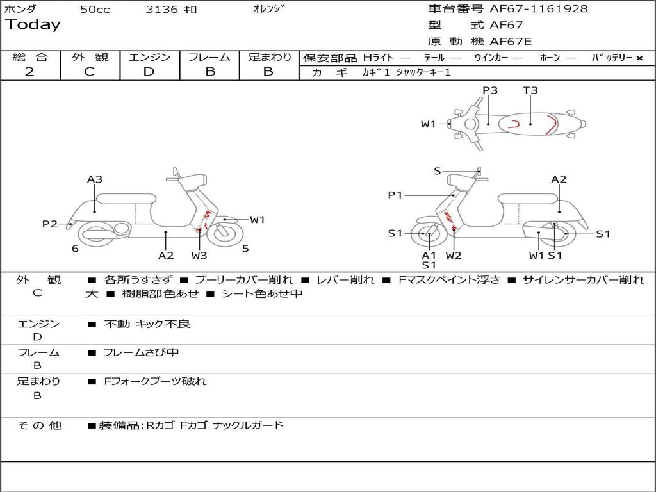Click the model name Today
click(33, 25)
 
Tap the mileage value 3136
click(162, 10)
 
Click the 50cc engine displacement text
click(95, 10)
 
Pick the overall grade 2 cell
click(29, 72)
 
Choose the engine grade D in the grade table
click(149, 72)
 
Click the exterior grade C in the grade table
click(89, 72)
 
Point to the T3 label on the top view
click(530, 90)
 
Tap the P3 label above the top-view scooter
click(490, 90)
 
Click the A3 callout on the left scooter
click(95, 179)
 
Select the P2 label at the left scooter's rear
click(50, 224)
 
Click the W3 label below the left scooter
click(199, 256)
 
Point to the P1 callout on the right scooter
click(395, 195)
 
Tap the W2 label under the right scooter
click(454, 256)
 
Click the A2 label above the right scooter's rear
click(559, 179)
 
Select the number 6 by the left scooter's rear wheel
click(75, 249)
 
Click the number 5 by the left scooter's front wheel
click(245, 249)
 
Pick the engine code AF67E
click(511, 42)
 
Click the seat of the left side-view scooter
click(125, 199)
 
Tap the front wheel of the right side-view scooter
click(428, 234)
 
